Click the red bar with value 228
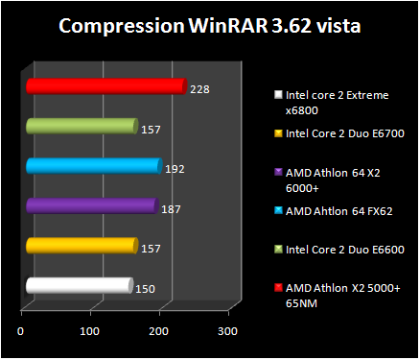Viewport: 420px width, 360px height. (105, 87)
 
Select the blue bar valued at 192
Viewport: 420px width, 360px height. (93, 167)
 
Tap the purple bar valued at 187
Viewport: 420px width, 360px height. (91, 206)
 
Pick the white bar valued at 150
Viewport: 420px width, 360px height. (79, 285)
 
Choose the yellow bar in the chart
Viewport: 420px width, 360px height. (82, 246)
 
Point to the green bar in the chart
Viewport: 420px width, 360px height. (82, 127)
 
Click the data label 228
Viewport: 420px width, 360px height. (199, 90)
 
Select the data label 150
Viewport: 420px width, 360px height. (144, 288)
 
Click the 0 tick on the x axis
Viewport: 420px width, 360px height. (21, 331)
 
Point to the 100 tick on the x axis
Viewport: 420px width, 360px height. (89, 331)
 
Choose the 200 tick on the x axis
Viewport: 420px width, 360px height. (158, 331)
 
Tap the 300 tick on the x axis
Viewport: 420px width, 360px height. (226, 331)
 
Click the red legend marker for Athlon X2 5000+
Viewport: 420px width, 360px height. (277, 288)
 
